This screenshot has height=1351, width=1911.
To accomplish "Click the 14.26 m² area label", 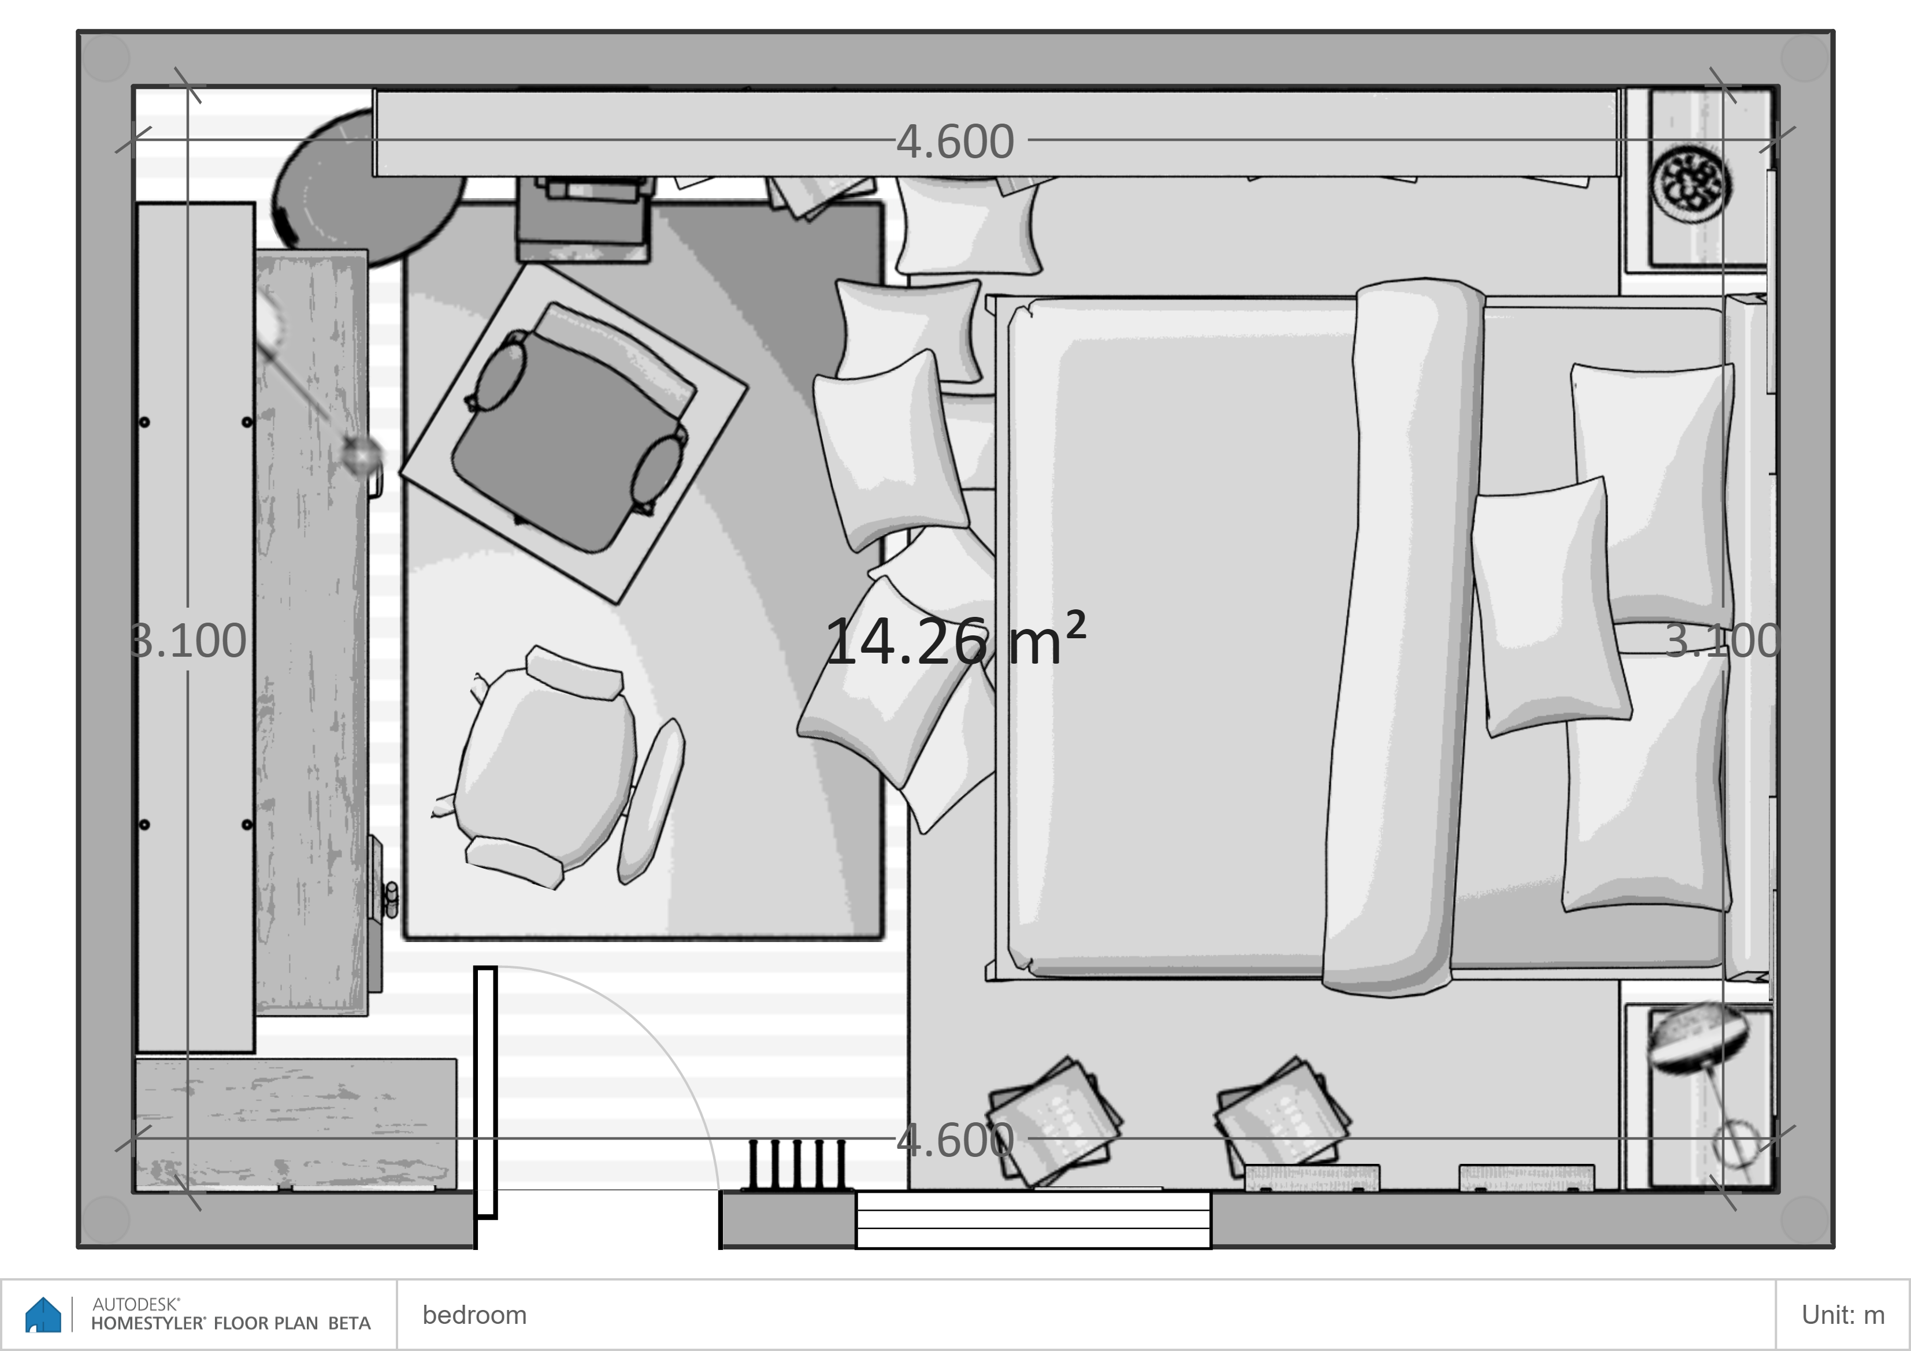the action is pyautogui.click(x=956, y=640).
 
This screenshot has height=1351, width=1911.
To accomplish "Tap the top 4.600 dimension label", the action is pyautogui.click(x=956, y=142).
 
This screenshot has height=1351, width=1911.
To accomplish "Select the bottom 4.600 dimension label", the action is pyautogui.click(x=956, y=1140).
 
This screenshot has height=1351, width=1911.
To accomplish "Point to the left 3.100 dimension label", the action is pyautogui.click(x=188, y=641).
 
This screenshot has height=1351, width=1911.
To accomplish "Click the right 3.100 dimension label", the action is pyautogui.click(x=1722, y=641).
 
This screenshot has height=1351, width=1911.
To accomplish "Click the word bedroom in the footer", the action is pyautogui.click(x=474, y=1315).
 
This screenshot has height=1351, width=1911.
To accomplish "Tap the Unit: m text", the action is pyautogui.click(x=1843, y=1315).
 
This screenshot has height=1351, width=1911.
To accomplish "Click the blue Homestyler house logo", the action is pyautogui.click(x=43, y=1315).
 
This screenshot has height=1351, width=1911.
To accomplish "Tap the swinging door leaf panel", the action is pyautogui.click(x=485, y=1092).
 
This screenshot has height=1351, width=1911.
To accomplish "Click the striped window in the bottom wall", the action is pyautogui.click(x=1033, y=1219).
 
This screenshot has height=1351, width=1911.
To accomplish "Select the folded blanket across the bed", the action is pyautogui.click(x=1402, y=637).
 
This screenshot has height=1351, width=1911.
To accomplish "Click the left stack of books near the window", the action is pyautogui.click(x=1053, y=1121).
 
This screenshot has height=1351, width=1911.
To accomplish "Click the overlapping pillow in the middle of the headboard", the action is pyautogui.click(x=1550, y=607).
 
